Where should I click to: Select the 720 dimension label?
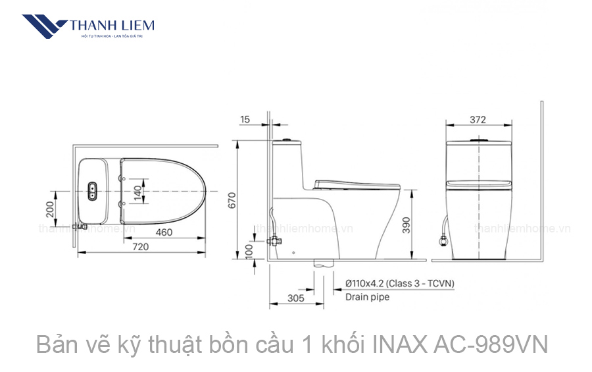[x=140, y=246]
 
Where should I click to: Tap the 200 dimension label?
[x=50, y=209]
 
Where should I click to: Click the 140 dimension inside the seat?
[x=137, y=192]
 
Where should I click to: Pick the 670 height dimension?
[x=232, y=200]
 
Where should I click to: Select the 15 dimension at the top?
[x=245, y=119]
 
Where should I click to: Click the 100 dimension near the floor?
[x=249, y=251]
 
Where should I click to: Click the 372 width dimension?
[x=478, y=119]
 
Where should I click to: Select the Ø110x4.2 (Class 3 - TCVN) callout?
[x=400, y=284]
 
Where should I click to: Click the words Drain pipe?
[x=367, y=297]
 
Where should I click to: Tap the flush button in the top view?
[x=93, y=192]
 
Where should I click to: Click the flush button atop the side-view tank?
[x=286, y=140]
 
